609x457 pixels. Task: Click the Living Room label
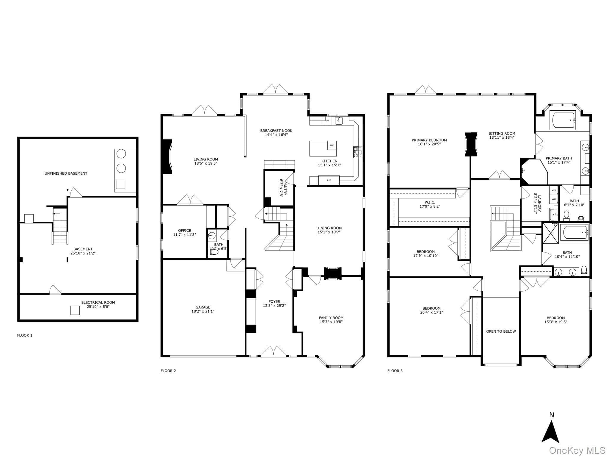pyautogui.click(x=205, y=161)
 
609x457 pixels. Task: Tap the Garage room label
pyautogui.click(x=203, y=309)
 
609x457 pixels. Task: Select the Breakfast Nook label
pyautogui.click(x=276, y=132)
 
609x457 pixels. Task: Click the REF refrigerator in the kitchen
pyautogui.click(x=329, y=180)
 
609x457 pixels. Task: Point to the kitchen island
pyautogui.click(x=323, y=148)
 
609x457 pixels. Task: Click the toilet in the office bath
pyautogui.click(x=214, y=252)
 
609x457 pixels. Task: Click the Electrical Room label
pyautogui.click(x=98, y=304)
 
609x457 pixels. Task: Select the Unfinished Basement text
pyautogui.click(x=66, y=173)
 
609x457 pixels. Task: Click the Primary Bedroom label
pyautogui.click(x=429, y=142)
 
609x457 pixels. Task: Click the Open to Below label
pyautogui.click(x=501, y=331)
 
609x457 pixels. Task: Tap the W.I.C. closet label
pyautogui.click(x=430, y=204)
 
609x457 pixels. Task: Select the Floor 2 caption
pyautogui.click(x=168, y=371)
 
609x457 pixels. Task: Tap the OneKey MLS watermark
pyautogui.click(x=577, y=451)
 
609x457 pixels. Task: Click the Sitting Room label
pyautogui.click(x=502, y=135)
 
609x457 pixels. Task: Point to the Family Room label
pyautogui.click(x=331, y=320)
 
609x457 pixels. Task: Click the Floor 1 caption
pyautogui.click(x=25, y=335)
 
